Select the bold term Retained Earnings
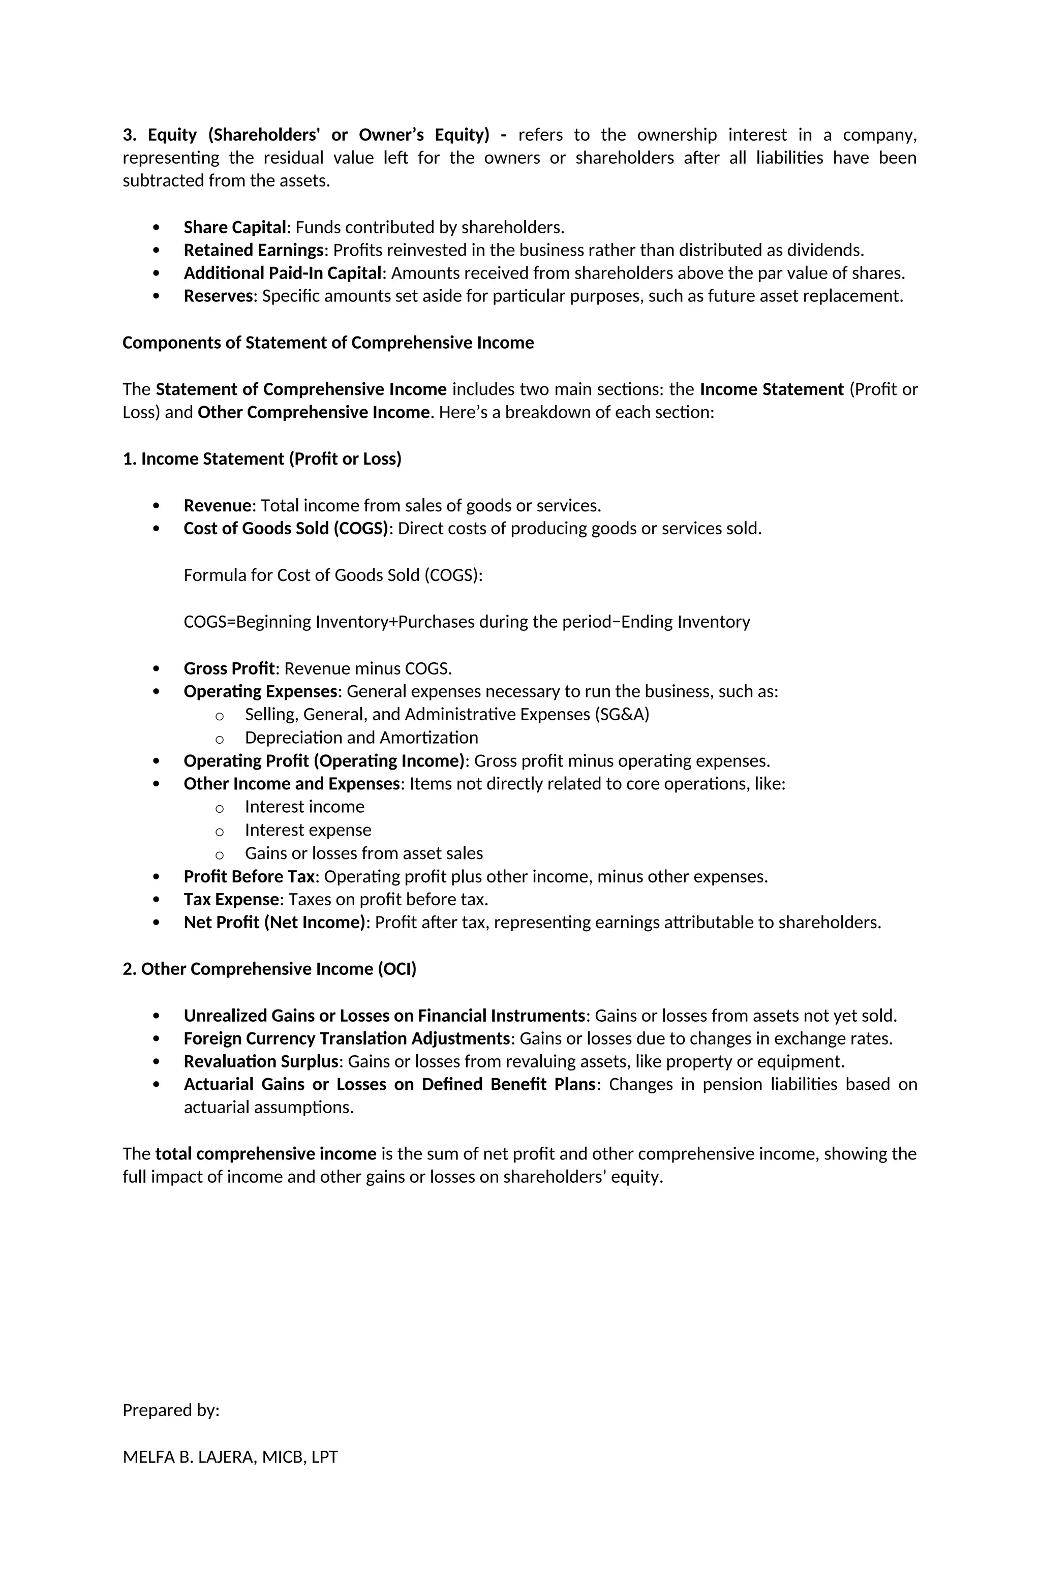(254, 251)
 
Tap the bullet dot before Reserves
(157, 296)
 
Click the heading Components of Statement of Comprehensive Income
(328, 343)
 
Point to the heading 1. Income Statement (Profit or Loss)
(262, 460)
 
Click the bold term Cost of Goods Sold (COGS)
(286, 529)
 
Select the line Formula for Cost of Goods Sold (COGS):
(332, 576)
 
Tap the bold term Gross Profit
(229, 669)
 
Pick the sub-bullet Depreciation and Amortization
(361, 738)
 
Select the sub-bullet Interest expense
(308, 831)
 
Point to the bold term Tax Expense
(231, 900)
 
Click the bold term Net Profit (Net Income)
(275, 923)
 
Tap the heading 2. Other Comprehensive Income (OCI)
(269, 970)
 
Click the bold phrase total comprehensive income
(266, 1154)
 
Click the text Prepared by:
(171, 1411)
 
